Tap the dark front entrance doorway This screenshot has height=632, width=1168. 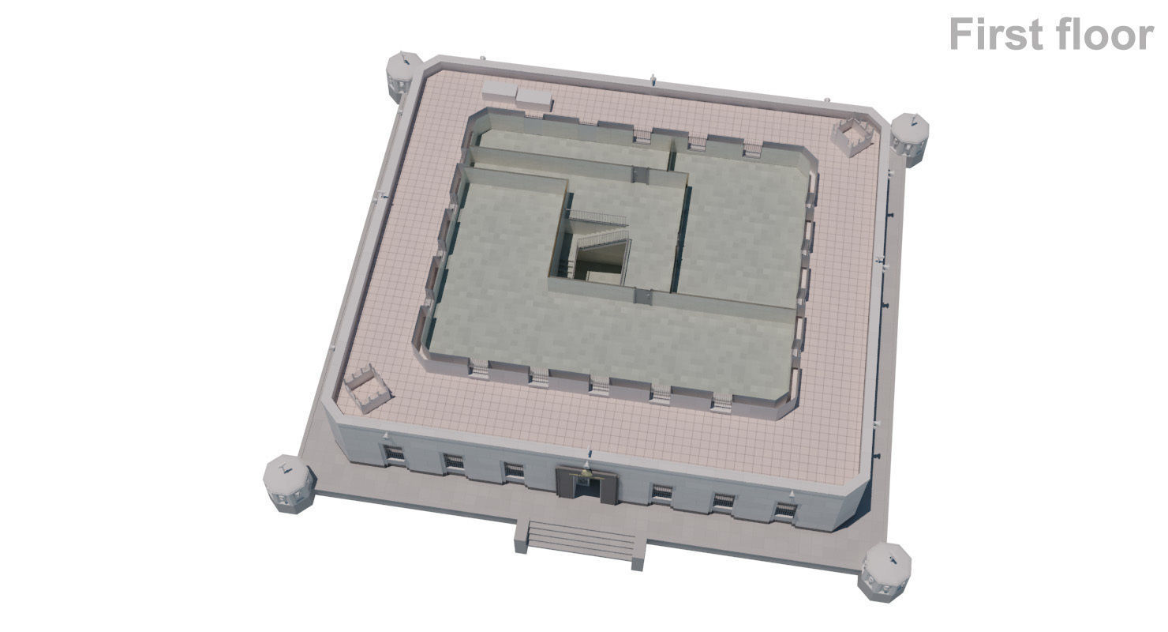click(x=585, y=488)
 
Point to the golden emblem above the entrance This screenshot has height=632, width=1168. click(x=585, y=472)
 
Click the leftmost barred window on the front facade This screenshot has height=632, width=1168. click(x=394, y=454)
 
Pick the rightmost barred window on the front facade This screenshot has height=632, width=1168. click(x=785, y=511)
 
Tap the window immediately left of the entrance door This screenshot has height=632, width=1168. click(x=514, y=472)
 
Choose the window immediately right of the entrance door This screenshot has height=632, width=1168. click(x=661, y=493)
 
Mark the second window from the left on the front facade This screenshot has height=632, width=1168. click(x=453, y=463)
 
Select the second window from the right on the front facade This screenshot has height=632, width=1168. click(x=723, y=502)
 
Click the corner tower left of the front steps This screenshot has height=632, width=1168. click(x=288, y=483)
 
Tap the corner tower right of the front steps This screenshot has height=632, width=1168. click(x=885, y=571)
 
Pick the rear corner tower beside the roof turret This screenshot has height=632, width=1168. click(x=909, y=138)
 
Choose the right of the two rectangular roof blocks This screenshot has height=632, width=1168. click(x=533, y=97)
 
